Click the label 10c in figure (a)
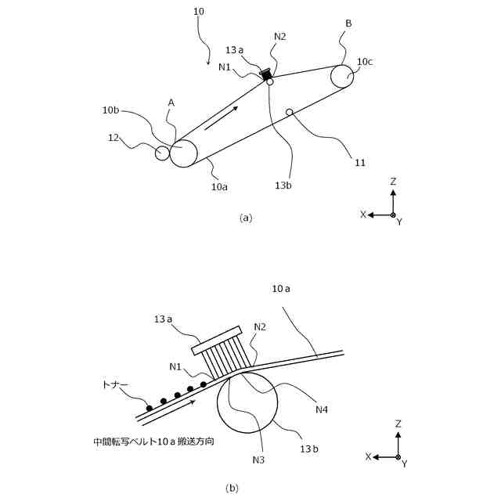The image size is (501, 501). [x=365, y=61]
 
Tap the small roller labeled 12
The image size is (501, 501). [x=162, y=153]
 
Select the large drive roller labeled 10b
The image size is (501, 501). [x=183, y=152]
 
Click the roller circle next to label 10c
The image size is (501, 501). [x=342, y=77]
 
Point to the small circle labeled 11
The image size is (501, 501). [x=289, y=112]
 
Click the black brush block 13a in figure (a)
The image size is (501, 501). [x=266, y=74]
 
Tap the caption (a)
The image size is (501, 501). [x=246, y=218]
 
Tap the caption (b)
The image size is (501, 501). [x=232, y=488]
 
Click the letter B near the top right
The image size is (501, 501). [x=348, y=24]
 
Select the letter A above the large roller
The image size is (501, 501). [x=171, y=103]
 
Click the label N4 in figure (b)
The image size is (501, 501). [x=323, y=409]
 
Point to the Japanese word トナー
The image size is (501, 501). [x=115, y=385]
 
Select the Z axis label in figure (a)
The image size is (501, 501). [x=393, y=182]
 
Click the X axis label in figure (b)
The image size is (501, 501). [x=368, y=456]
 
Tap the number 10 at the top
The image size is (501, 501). [x=198, y=12]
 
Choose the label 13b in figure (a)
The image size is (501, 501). [x=284, y=186]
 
